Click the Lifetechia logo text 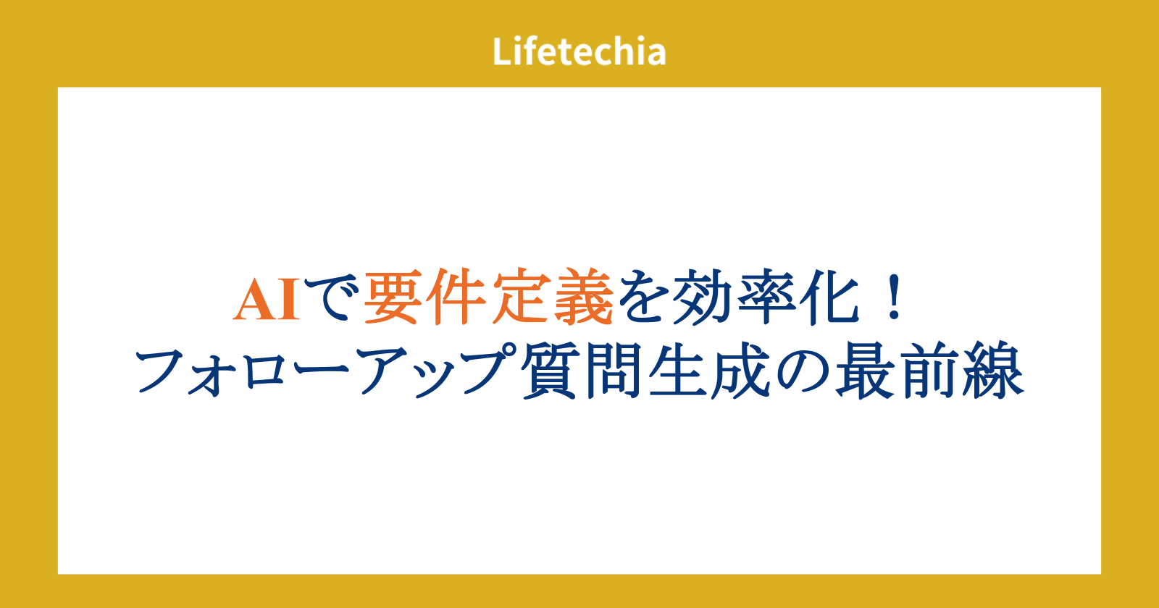pos(579,51)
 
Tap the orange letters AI pos(267,300)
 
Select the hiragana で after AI pos(332,298)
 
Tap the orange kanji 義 pos(583,297)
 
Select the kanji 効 pos(704,297)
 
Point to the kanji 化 pos(829,297)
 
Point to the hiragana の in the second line pos(801,371)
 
